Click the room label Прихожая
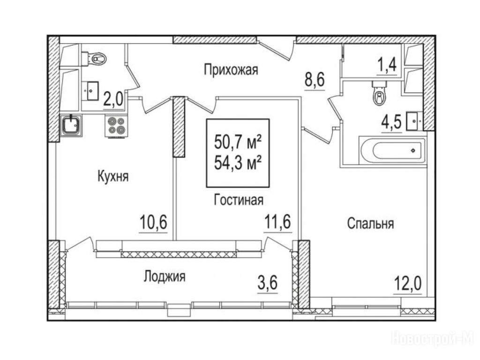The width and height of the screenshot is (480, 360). pos(231,70)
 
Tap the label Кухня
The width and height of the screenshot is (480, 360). pos(113,177)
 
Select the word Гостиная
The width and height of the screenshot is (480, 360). pos(239,200)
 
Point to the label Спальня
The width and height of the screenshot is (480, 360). pos(370,224)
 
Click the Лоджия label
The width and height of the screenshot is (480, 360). pos(165,277)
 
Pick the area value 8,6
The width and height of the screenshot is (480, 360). pos(315,80)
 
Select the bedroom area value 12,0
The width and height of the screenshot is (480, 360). pos(407,284)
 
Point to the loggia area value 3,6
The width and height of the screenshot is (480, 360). pos(268,283)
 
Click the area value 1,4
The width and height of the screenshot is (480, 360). pos(388,65)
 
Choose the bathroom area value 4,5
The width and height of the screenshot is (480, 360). pos(391,122)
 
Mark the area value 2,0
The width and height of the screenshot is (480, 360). pos(113,99)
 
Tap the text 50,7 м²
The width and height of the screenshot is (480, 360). pos(238,142)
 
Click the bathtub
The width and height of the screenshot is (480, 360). pos(393,150)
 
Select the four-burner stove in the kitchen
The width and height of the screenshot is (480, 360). pos(116,126)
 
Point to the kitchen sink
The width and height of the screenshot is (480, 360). pos(71,126)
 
